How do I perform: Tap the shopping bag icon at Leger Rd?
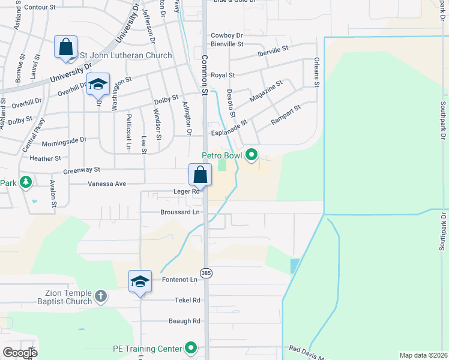tap(200, 175)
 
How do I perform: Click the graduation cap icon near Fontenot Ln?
tap(140, 281)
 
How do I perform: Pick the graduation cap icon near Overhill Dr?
tap(97, 85)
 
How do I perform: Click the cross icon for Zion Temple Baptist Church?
tap(101, 296)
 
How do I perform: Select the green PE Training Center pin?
tap(191, 348)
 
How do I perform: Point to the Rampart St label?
tap(285, 115)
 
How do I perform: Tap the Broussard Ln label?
tap(179, 212)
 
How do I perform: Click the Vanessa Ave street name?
tap(107, 184)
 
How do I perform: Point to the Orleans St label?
tap(316, 73)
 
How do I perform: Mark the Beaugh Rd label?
tap(184, 321)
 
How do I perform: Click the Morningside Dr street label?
tap(64, 144)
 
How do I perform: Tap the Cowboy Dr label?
tap(226, 36)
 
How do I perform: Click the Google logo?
tap(20, 353)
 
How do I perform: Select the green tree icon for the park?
tap(25, 181)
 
